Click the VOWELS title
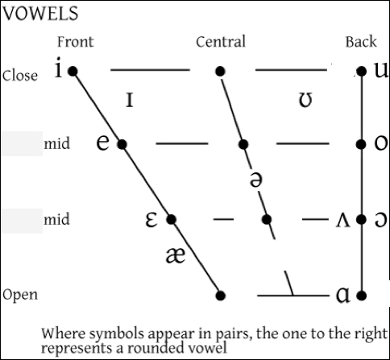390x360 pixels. pos(40,14)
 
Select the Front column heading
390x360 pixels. pos(76,42)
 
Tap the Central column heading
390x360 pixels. pos(221,42)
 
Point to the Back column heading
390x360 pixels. pos(361,42)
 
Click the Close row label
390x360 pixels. pos(20,76)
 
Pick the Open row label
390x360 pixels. pos(20,295)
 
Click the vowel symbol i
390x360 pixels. pos(59,68)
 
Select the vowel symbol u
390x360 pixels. pos(382,70)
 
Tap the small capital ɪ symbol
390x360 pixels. pos(130,100)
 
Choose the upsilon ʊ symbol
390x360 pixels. pos(305,100)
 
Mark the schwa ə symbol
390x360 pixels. pos(256,180)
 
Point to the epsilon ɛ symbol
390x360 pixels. pos(151,220)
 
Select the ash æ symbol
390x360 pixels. pos(175,255)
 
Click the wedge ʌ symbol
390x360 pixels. pos(343,221)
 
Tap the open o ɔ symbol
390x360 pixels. pos(381,220)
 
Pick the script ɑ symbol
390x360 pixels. pos(343,296)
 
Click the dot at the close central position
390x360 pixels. pos(220,71)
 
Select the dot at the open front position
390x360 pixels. pos(220,296)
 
